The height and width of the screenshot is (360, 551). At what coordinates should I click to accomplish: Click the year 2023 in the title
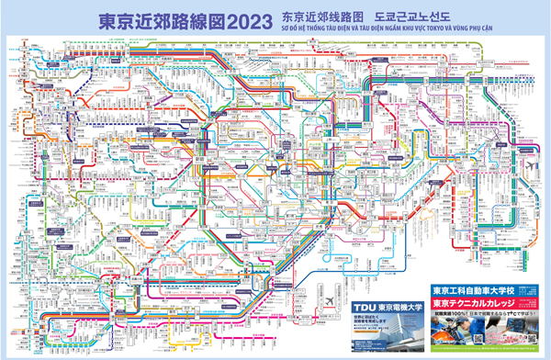tap(253, 19)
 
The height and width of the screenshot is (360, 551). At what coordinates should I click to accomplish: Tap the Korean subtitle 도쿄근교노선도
tap(410, 15)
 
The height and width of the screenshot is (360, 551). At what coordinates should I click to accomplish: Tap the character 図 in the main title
tap(209, 19)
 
